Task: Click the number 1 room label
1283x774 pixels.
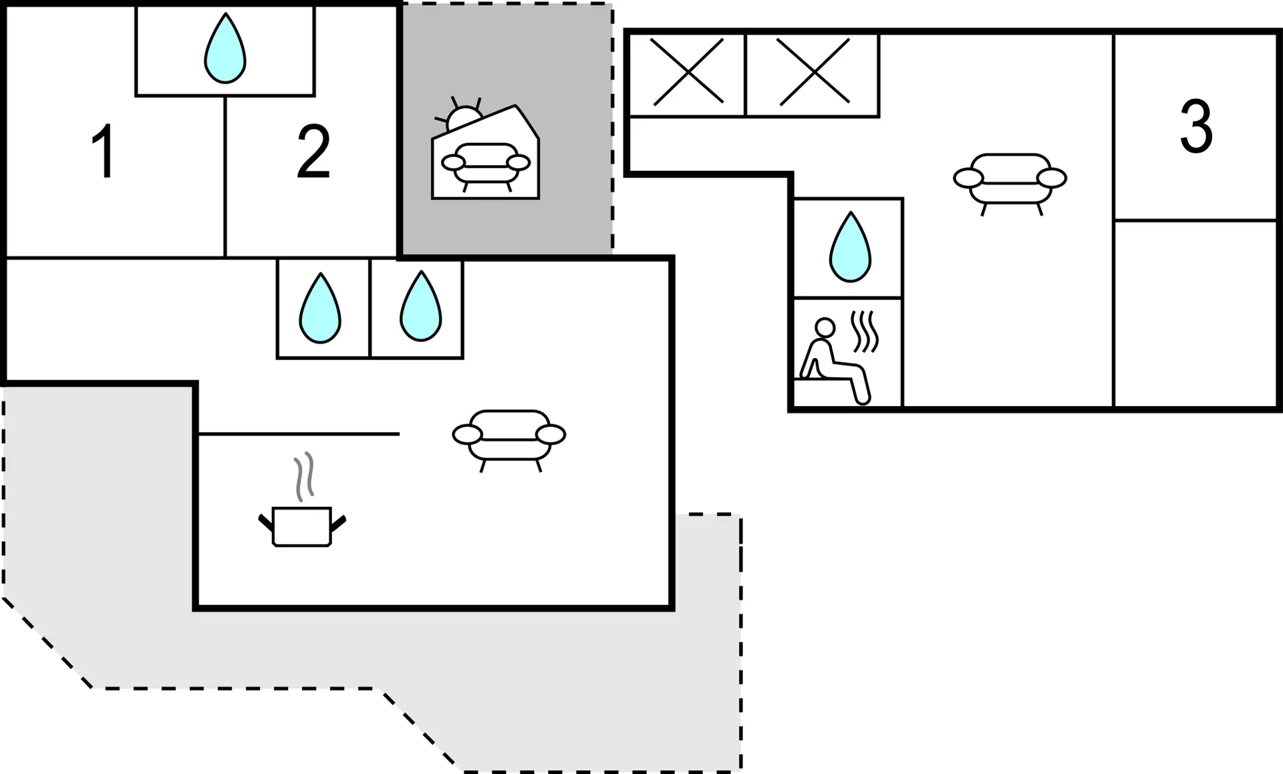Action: click(x=104, y=152)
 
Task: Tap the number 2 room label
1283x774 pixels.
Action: click(x=313, y=152)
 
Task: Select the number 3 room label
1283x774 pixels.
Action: click(x=1195, y=126)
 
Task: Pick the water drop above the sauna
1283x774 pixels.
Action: click(x=850, y=246)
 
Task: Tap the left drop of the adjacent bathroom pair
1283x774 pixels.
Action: click(x=320, y=308)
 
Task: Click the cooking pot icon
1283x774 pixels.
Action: click(x=302, y=527)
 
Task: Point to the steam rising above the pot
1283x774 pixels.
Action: click(x=304, y=476)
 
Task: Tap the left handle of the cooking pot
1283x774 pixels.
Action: click(x=266, y=522)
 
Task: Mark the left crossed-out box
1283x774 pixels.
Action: click(x=687, y=72)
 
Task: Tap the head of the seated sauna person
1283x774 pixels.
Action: click(x=825, y=327)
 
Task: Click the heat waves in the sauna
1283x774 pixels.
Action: click(x=864, y=332)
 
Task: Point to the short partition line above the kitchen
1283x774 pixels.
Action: click(x=299, y=434)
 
